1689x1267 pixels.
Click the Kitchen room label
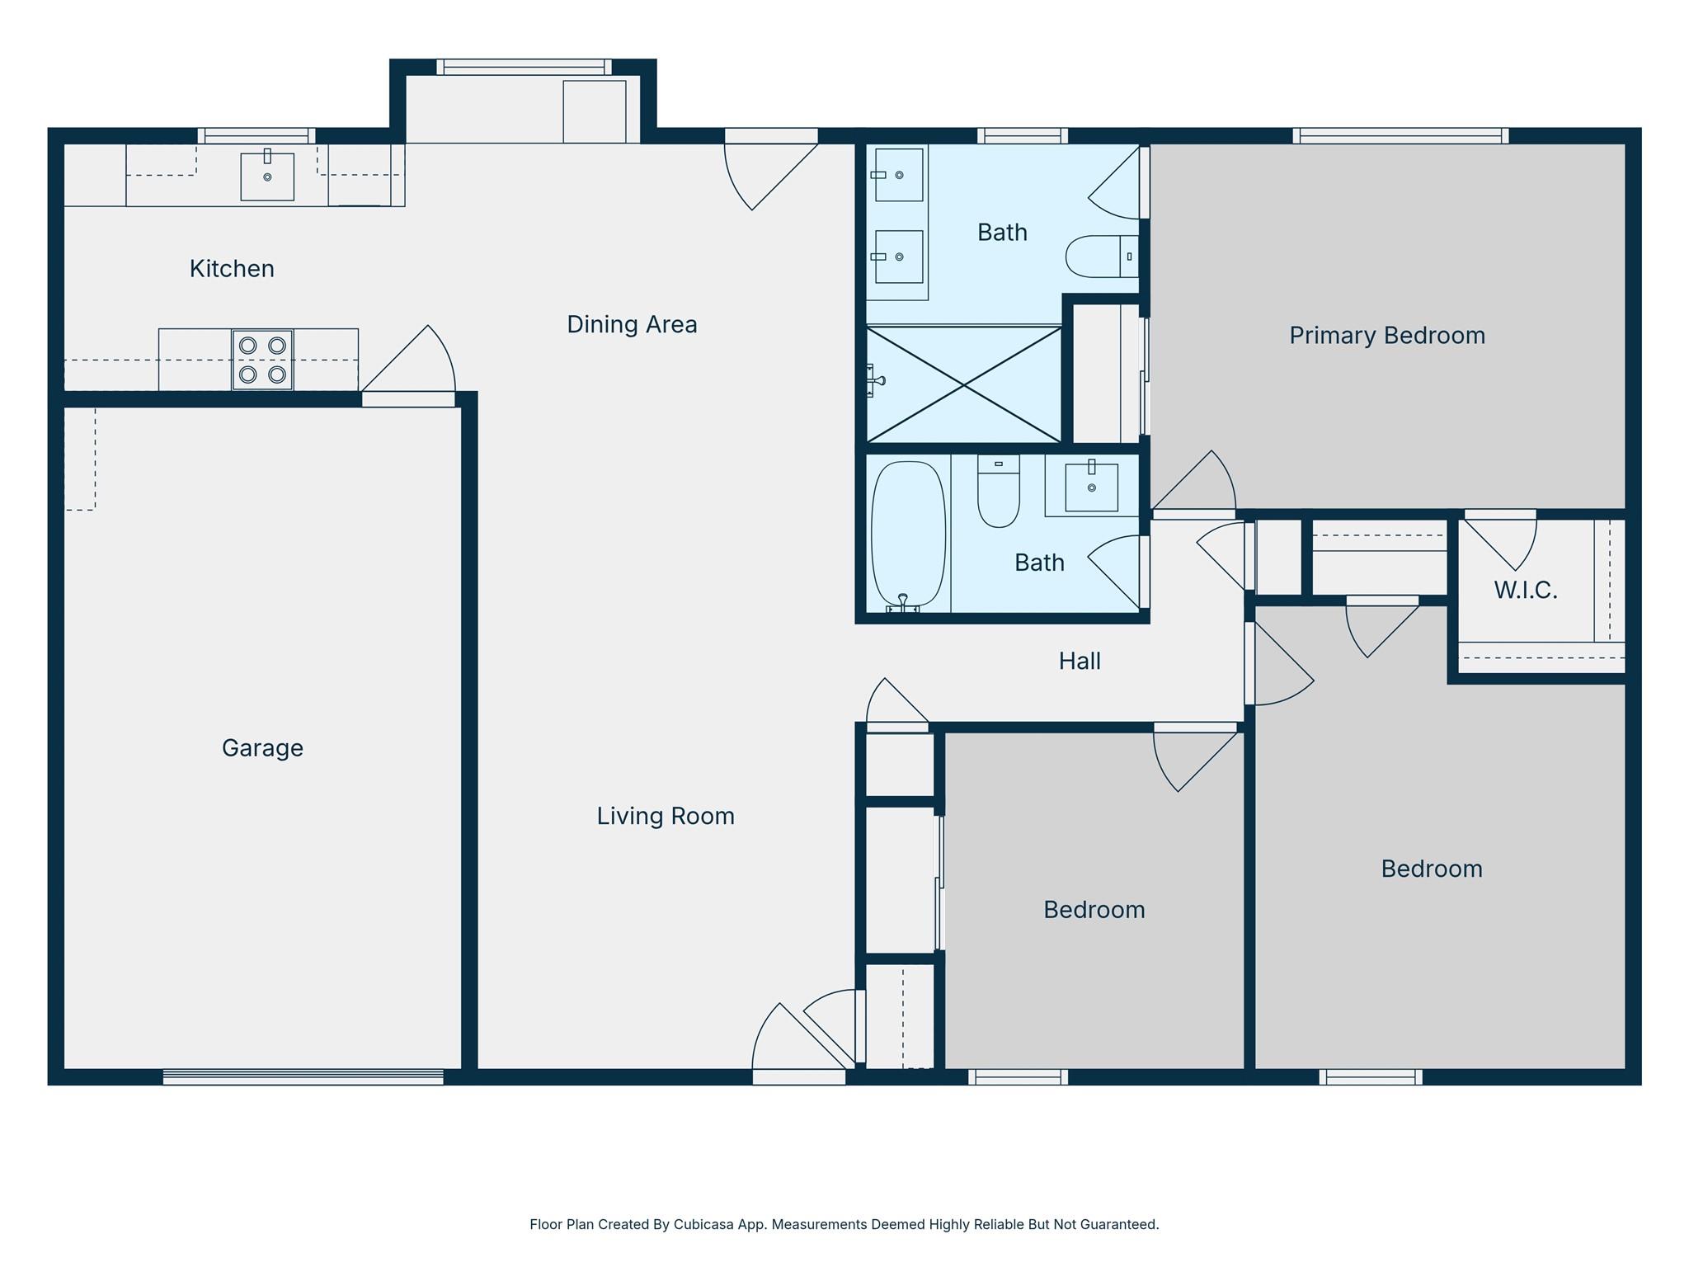coord(232,269)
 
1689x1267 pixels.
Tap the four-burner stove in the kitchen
coord(262,360)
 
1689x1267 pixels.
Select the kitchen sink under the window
coord(266,177)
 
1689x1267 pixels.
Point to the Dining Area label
coord(632,325)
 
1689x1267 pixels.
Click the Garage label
coord(262,748)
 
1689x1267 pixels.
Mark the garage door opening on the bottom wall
coord(303,1076)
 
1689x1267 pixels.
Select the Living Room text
coord(666,817)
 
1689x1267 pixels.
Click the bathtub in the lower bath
coord(908,534)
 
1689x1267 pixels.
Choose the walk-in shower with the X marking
coord(963,384)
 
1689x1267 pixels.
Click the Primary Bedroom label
coord(1387,336)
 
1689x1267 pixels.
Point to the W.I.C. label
coord(1525,591)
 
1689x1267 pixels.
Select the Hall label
coord(1080,662)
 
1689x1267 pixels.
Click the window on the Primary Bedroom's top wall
coord(1400,135)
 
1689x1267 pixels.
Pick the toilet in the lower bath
coord(998,492)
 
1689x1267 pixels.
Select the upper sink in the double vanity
coord(899,175)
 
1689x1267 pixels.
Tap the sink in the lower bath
coord(1091,487)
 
